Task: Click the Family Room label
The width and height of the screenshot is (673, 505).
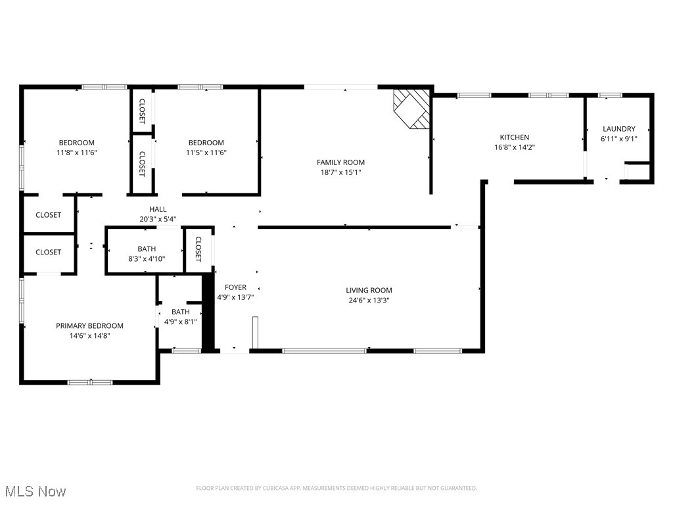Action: (x=340, y=162)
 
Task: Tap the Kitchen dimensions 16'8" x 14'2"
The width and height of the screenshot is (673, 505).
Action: (x=514, y=147)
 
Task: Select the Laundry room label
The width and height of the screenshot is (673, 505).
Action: (x=618, y=129)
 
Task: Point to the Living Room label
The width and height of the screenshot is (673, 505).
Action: (x=369, y=290)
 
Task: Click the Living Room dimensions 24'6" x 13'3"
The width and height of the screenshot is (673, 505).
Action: (x=369, y=301)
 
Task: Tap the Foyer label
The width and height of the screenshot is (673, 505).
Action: (x=235, y=287)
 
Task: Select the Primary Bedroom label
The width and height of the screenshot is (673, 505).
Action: (x=89, y=325)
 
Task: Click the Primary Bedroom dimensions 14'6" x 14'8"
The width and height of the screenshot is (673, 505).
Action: (x=89, y=335)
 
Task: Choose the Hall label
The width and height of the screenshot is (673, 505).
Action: (x=158, y=209)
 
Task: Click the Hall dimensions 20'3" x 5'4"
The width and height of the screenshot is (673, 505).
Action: (x=158, y=219)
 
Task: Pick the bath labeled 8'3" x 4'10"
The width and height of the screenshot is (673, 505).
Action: (x=147, y=254)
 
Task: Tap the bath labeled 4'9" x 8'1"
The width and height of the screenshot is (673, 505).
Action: (x=180, y=317)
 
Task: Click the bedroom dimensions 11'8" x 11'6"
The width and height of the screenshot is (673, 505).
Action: (x=77, y=153)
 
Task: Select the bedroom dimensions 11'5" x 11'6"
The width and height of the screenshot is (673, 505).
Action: (x=206, y=153)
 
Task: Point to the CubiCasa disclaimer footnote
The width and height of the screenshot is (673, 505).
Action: (x=336, y=488)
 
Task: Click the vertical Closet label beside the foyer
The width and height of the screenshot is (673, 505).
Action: (x=198, y=249)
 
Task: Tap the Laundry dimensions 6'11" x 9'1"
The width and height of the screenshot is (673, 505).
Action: (x=618, y=139)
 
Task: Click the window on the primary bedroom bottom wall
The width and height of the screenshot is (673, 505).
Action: (x=90, y=382)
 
